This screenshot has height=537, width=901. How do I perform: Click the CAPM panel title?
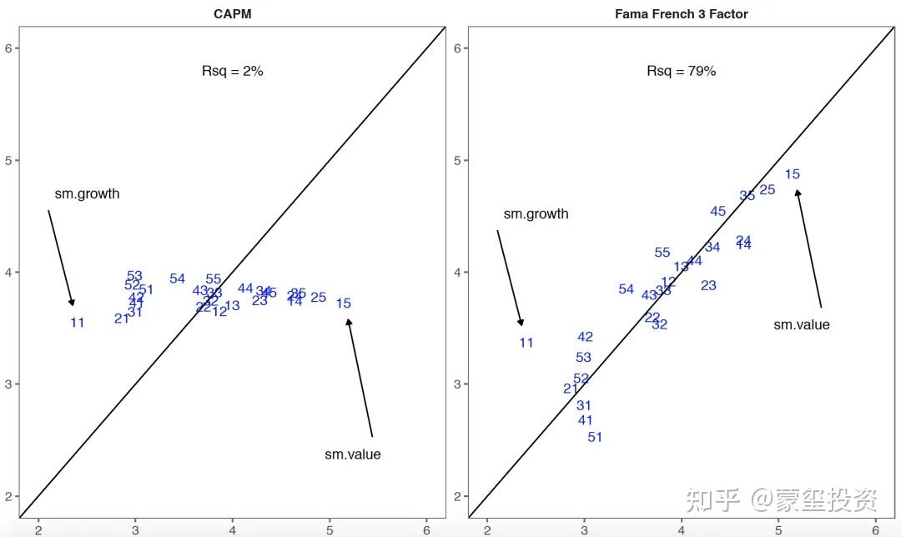[232, 14]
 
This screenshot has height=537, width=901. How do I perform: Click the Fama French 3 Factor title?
[681, 14]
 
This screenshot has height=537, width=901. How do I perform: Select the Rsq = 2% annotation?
[232, 72]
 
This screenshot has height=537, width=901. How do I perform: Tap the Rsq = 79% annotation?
[681, 72]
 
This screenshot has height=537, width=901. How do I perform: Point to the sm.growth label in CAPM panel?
[87, 194]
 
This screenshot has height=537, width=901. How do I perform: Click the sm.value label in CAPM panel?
[352, 454]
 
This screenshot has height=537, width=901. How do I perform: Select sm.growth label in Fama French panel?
[536, 214]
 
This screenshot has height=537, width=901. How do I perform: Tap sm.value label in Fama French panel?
[801, 325]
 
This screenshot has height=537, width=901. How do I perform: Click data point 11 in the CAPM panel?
[78, 323]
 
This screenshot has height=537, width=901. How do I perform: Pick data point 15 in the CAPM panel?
[344, 304]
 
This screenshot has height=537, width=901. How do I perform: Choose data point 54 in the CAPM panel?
[177, 279]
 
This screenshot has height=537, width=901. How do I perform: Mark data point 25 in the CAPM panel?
[318, 297]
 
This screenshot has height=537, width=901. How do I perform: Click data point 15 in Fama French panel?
[793, 174]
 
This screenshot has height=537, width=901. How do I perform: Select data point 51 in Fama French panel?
[595, 437]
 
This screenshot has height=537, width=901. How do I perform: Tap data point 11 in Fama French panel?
[526, 343]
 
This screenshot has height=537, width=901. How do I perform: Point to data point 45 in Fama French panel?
[718, 212]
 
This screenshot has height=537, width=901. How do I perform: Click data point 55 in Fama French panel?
[662, 253]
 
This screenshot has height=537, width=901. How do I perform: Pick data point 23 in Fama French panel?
[708, 285]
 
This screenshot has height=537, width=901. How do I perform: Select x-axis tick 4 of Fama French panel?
[681, 529]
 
